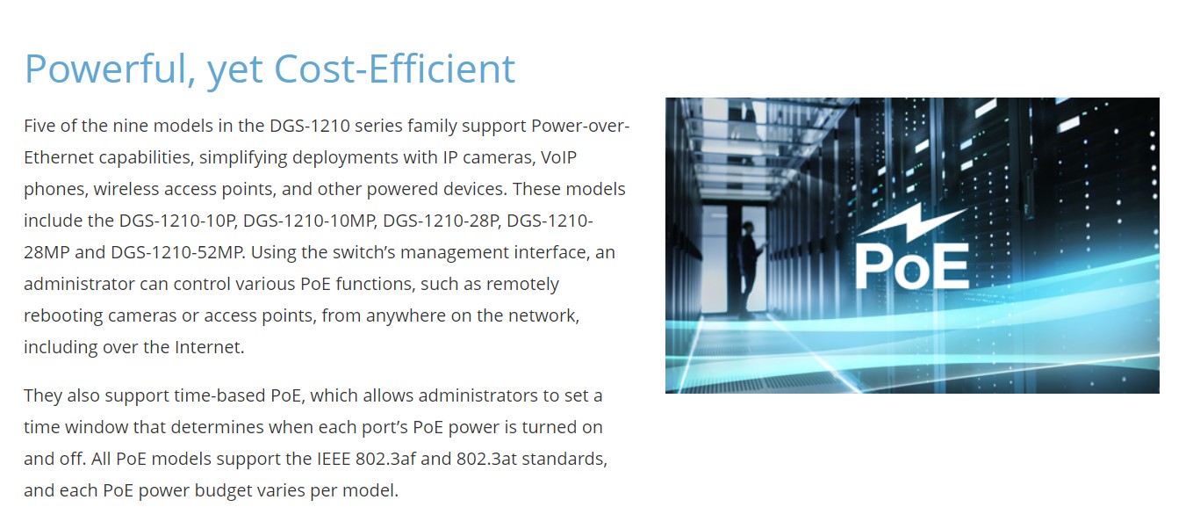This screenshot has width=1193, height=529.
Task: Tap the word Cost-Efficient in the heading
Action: (395, 69)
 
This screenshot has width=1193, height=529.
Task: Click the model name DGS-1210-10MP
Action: (310, 221)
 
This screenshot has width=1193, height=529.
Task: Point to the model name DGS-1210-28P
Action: (442, 221)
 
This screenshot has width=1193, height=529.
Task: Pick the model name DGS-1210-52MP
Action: (178, 251)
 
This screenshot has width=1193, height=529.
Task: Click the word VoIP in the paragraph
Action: (558, 157)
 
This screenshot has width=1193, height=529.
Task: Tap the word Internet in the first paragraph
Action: (209, 346)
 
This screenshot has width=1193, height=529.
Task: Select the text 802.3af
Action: (385, 459)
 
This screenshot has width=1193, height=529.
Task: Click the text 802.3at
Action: (486, 459)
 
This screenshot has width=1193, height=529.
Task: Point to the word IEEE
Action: (334, 459)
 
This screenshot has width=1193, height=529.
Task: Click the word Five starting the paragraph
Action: (39, 126)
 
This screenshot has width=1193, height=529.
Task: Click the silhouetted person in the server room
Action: (749, 269)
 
